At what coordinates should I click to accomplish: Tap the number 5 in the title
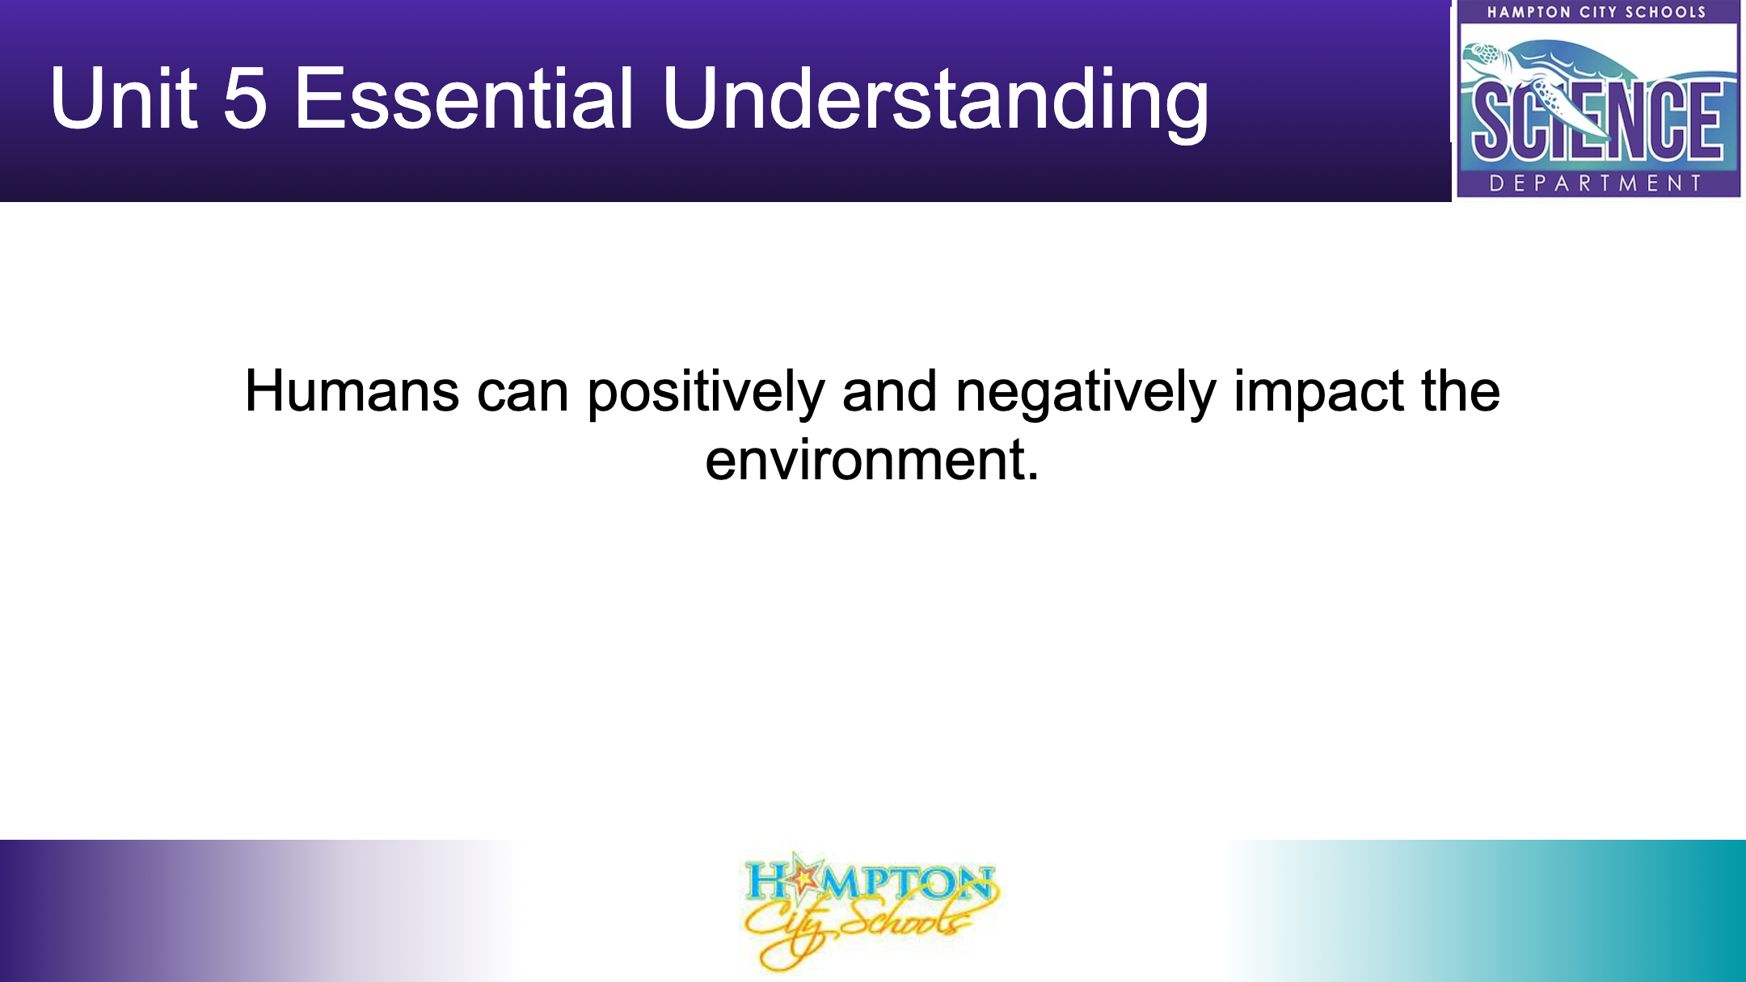click(x=244, y=98)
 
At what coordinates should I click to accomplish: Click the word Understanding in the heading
click(x=935, y=103)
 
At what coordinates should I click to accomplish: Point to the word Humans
click(x=352, y=392)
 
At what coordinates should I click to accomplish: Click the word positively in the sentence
click(x=706, y=394)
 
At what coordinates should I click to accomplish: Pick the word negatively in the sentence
click(x=1086, y=394)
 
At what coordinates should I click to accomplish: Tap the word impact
click(x=1318, y=394)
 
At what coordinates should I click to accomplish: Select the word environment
click(x=864, y=461)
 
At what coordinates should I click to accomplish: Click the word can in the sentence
click(x=523, y=394)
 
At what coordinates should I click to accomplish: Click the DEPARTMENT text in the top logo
click(x=1596, y=183)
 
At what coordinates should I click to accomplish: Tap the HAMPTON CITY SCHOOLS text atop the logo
click(x=1596, y=12)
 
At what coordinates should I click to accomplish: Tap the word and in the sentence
click(x=890, y=392)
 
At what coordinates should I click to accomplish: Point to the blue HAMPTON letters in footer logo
click(x=869, y=883)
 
